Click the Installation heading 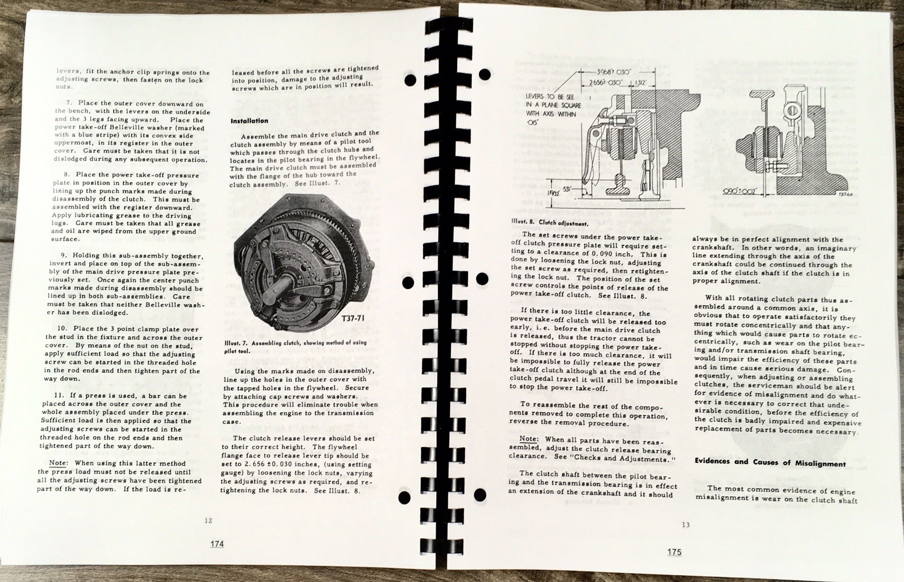(249, 121)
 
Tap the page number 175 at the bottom (673, 552)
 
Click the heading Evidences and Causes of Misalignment (770, 463)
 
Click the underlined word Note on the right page (529, 438)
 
